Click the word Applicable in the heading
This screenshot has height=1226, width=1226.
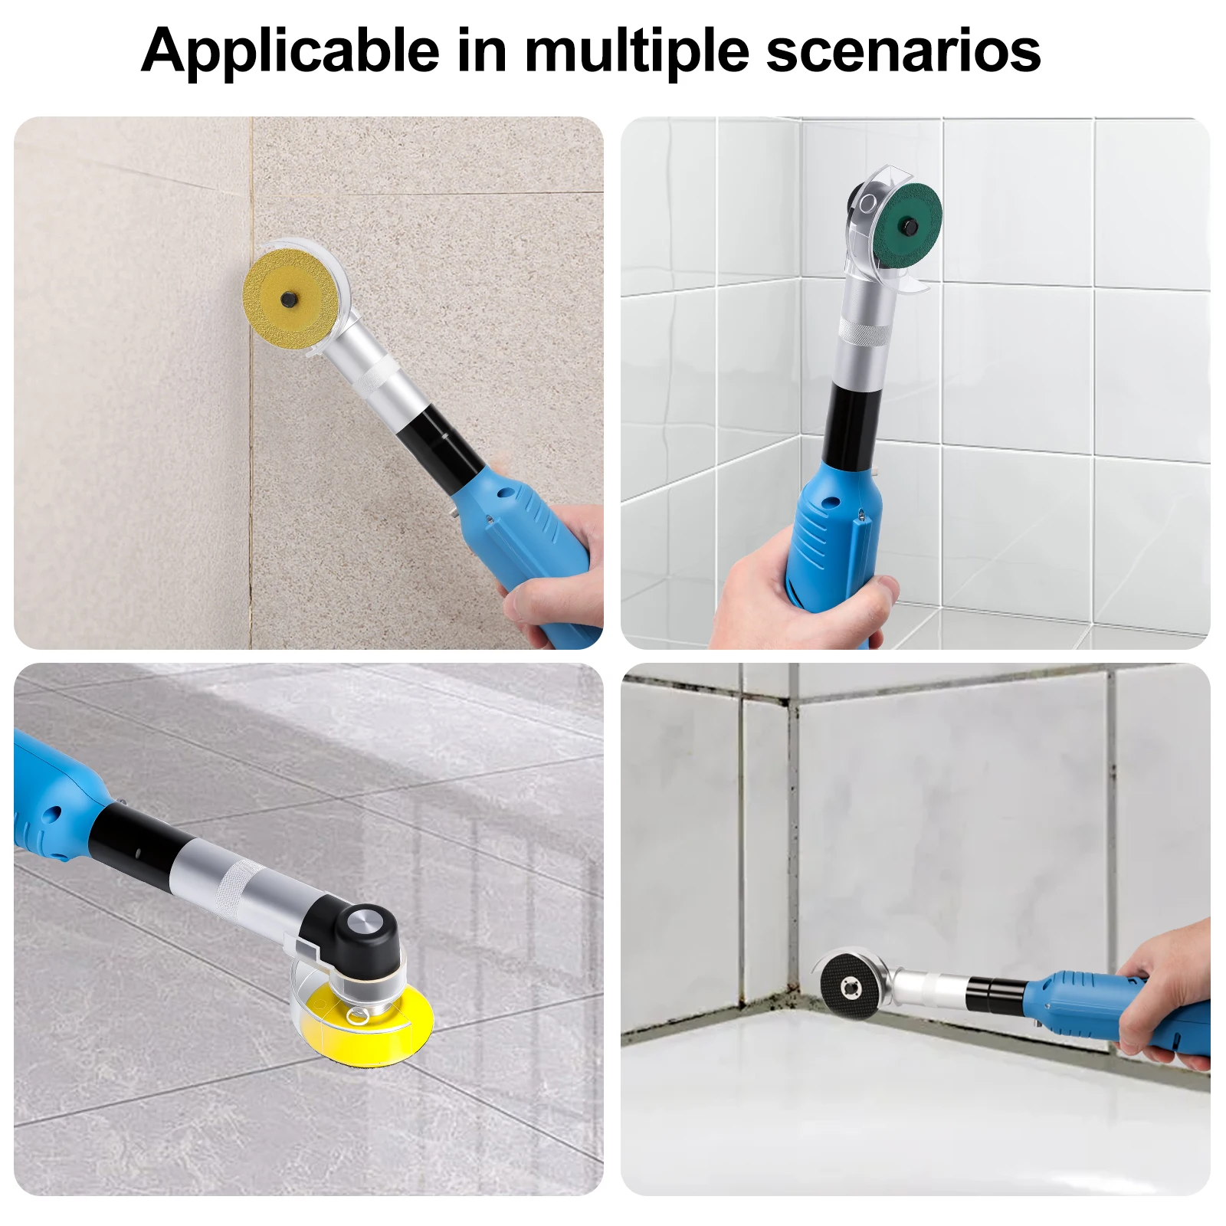pos(290,51)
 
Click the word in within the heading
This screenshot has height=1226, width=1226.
pos(482,50)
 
